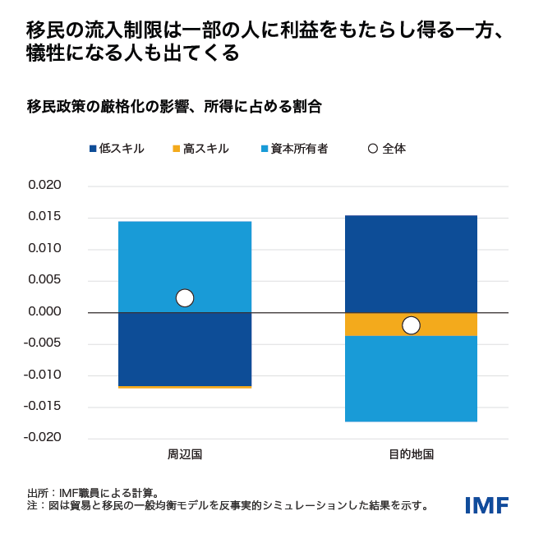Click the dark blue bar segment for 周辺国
coord(185,349)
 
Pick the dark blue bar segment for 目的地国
coord(411,263)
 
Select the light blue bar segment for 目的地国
coord(411,379)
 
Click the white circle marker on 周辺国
coord(185,298)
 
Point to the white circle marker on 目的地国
coord(411,325)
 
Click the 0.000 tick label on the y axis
coord(45,312)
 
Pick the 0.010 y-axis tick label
coord(45,249)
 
